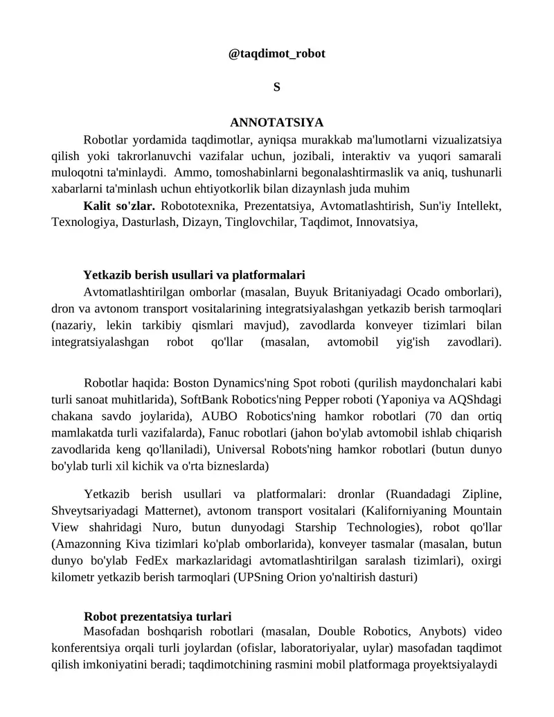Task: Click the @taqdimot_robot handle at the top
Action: point(276,53)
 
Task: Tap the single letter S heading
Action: point(276,87)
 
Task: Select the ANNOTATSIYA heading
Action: point(276,123)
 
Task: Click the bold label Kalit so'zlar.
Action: point(119,206)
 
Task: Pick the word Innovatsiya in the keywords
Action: point(385,222)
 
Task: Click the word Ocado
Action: point(422,290)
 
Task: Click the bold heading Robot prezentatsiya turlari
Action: point(157,617)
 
